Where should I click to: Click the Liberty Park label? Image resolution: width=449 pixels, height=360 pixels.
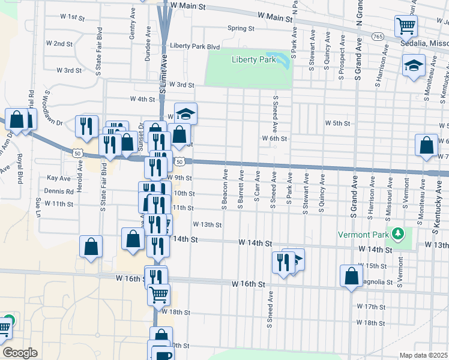pos(254,59)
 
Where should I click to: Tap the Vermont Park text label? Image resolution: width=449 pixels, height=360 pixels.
pos(364,233)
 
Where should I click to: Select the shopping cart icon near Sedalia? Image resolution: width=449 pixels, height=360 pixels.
pos(406,26)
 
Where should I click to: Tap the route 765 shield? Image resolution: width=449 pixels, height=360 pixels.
pos(378,37)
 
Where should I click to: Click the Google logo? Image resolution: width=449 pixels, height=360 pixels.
pos(20,352)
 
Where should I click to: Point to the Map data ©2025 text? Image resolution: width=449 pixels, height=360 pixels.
pos(423,355)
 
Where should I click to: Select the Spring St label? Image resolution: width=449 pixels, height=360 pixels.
pos(241,28)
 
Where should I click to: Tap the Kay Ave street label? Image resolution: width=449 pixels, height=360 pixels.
pos(59,178)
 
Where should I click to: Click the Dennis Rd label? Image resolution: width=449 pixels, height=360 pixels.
pos(62,191)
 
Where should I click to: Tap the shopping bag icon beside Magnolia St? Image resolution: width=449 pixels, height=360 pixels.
pos(351,276)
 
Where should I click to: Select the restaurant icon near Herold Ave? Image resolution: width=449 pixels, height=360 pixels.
pos(86,125)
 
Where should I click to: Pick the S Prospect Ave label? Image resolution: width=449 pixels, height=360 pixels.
pos(340,57)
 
